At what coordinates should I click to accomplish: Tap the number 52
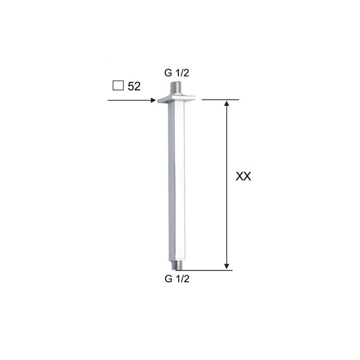coord(134,86)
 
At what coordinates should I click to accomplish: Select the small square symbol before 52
coord(118,86)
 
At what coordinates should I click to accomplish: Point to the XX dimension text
coord(243,176)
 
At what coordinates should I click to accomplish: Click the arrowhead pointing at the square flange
coord(153,100)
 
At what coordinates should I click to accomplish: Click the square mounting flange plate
coord(175,99)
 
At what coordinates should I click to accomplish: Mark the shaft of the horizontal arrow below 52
coord(129,100)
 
